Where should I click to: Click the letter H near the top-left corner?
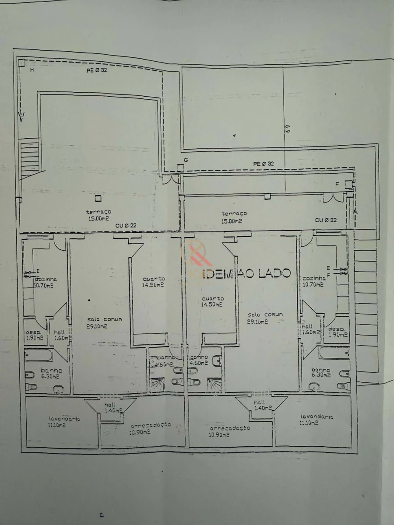[x=32, y=70]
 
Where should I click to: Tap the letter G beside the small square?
[x=186, y=161]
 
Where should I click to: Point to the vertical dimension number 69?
[x=288, y=129]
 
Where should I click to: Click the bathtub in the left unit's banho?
[x=39, y=355]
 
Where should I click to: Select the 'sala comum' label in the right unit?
[x=265, y=318]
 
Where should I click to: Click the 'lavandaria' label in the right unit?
[x=317, y=420]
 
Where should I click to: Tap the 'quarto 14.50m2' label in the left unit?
[x=153, y=281]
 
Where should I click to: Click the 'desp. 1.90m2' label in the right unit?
[x=337, y=332]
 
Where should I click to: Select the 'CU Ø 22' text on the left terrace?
[x=126, y=225]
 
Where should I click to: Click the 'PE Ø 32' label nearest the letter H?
[x=97, y=71]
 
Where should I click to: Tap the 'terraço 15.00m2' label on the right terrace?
[x=234, y=217]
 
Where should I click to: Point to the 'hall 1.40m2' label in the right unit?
[x=261, y=405]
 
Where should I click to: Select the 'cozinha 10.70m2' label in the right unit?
[x=313, y=281]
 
